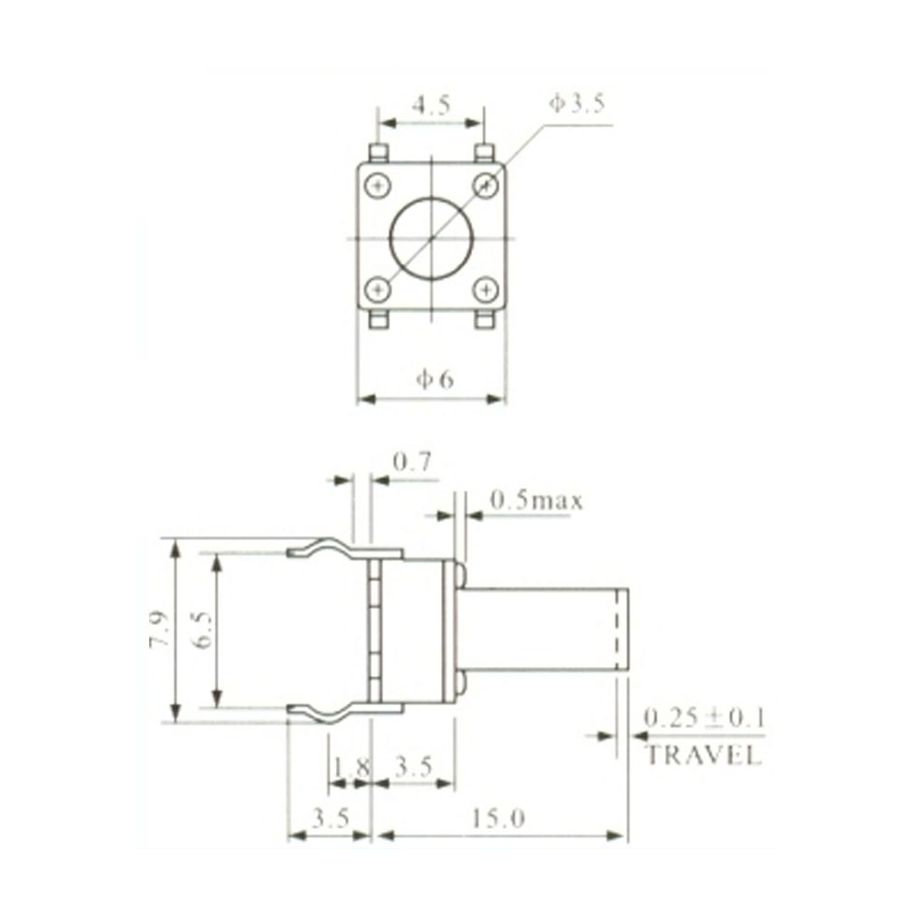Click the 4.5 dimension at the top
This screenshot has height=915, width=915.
coord(430,104)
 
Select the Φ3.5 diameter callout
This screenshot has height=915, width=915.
coord(576,103)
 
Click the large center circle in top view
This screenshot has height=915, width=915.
coord(430,238)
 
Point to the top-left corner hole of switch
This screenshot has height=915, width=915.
coord(378,186)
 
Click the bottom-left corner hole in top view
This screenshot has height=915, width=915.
coord(378,291)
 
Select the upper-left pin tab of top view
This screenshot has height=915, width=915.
coord(378,152)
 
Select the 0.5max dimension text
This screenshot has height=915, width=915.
coord(536,501)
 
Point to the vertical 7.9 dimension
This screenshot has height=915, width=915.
coord(159,630)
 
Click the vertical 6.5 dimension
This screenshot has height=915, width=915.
coord(203,630)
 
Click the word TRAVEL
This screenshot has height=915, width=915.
coord(703,756)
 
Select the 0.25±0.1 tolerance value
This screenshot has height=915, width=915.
coord(704,717)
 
